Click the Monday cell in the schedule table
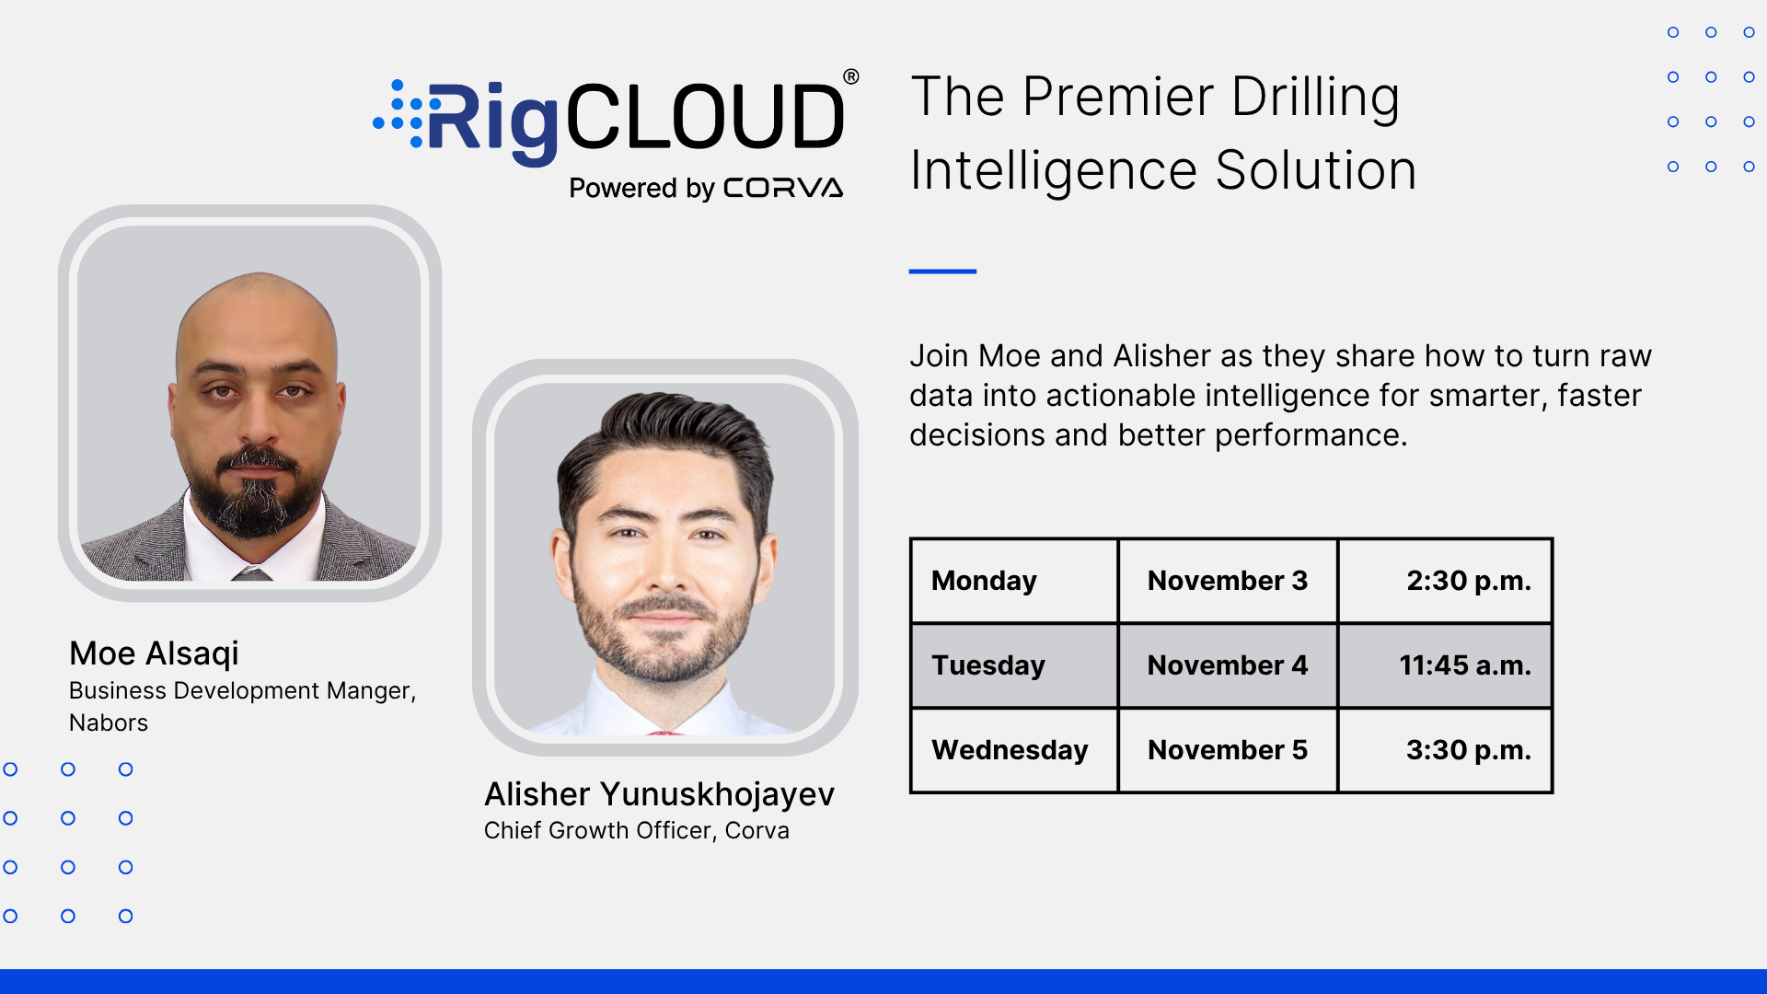click(x=1014, y=581)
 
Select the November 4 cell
click(x=1228, y=665)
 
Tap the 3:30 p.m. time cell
click(x=1445, y=750)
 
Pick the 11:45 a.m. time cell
click(x=1445, y=665)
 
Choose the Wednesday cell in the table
click(x=1014, y=750)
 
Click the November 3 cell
click(x=1228, y=581)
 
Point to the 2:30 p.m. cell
click(x=1445, y=581)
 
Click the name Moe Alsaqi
click(x=154, y=654)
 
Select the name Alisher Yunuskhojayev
click(x=659, y=794)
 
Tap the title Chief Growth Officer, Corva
click(x=636, y=830)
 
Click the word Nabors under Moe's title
click(x=109, y=723)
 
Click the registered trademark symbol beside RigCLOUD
click(x=851, y=77)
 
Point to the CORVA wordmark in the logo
click(x=783, y=188)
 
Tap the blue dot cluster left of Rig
click(x=398, y=113)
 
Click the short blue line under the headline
click(x=942, y=272)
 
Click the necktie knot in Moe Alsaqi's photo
click(x=251, y=573)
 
